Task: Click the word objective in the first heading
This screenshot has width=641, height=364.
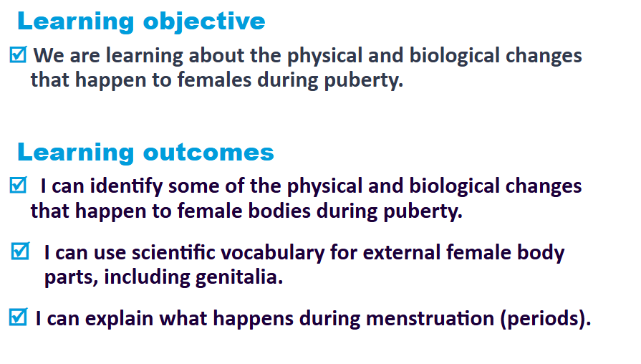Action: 204,21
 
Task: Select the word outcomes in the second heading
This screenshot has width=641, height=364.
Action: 208,152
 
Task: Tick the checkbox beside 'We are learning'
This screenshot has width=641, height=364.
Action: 18,54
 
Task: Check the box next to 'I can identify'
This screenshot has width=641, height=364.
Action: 18,185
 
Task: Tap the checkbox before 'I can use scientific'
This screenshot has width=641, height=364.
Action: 20,251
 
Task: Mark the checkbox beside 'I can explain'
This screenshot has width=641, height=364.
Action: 18,317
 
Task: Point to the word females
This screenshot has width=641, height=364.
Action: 214,80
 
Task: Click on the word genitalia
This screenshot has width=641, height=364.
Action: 239,278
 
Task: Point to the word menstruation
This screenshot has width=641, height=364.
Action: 430,318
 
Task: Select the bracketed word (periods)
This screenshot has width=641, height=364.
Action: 546,319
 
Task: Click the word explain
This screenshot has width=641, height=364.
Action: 119,319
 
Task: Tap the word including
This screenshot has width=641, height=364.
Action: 147,278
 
